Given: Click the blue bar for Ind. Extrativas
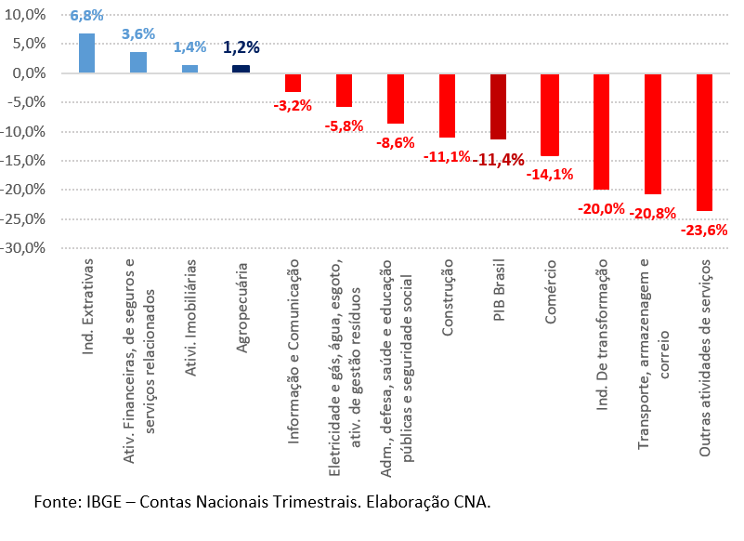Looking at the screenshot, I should click(x=86, y=53).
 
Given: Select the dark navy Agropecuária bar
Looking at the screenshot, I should click(x=241, y=69).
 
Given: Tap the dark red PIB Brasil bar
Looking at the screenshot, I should click(x=498, y=106).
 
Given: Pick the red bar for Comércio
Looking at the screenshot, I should click(x=549, y=114).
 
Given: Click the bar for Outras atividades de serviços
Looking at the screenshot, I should click(x=703, y=142).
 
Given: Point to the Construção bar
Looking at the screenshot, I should click(x=447, y=105).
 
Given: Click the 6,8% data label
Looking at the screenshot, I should click(x=86, y=16).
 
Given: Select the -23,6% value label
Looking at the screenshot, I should click(x=703, y=230).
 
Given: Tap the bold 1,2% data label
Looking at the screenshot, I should click(x=241, y=47).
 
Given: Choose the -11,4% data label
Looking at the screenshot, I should click(x=498, y=160).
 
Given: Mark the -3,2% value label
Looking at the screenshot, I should click(x=293, y=105).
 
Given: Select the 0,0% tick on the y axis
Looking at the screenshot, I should click(x=28, y=73).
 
